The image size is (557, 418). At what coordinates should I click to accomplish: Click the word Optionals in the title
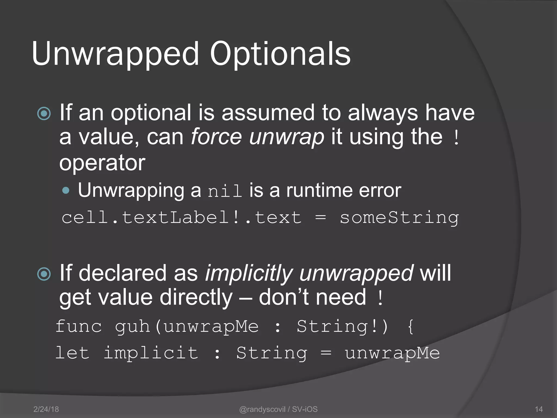[x=280, y=54]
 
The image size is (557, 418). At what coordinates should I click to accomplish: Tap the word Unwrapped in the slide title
[x=115, y=54]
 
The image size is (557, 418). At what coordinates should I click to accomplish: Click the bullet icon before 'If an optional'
[x=44, y=113]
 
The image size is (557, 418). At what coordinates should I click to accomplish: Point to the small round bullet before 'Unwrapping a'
[x=66, y=190]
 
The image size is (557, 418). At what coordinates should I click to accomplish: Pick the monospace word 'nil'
[x=225, y=191]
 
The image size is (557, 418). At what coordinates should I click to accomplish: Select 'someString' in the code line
[x=399, y=218]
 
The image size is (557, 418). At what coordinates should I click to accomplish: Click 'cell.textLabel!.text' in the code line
[x=181, y=218]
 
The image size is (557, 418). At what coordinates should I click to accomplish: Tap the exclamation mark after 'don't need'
[x=380, y=298]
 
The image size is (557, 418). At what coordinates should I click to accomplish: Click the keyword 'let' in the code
[x=72, y=353]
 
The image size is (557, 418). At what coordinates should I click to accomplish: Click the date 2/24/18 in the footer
[x=46, y=409]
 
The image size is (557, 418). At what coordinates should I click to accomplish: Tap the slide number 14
[x=539, y=409]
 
